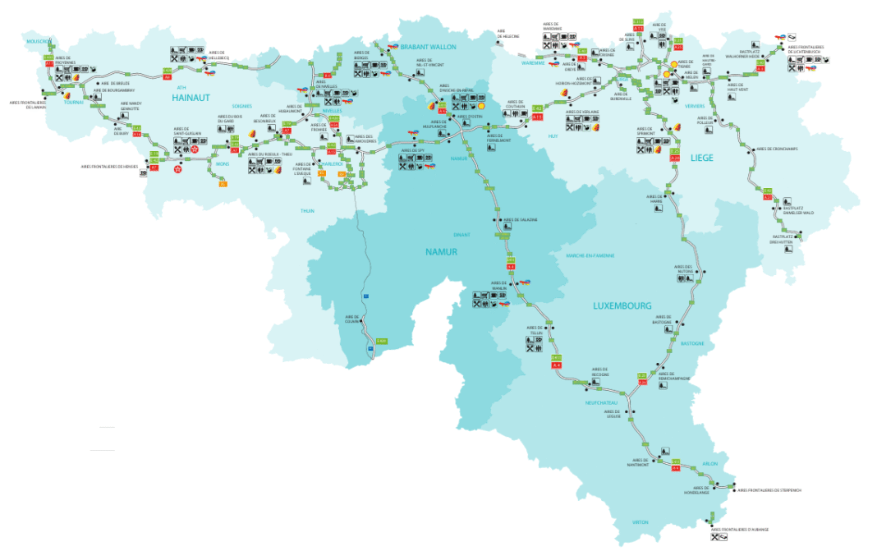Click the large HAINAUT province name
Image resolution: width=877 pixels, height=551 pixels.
pyautogui.click(x=191, y=98)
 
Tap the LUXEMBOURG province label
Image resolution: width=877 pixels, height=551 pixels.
pyautogui.click(x=622, y=305)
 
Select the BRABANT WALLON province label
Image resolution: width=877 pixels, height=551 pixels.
pyautogui.click(x=427, y=47)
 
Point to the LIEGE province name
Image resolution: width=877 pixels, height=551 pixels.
pyautogui.click(x=701, y=157)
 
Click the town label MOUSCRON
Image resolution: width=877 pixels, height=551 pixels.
pyautogui.click(x=38, y=41)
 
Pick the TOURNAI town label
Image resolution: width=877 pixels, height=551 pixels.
pyautogui.click(x=74, y=103)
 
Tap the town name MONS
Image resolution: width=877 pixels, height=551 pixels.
pyautogui.click(x=223, y=164)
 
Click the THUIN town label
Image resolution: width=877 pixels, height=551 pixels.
pyautogui.click(x=307, y=211)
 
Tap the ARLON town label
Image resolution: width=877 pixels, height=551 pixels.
pyautogui.click(x=709, y=464)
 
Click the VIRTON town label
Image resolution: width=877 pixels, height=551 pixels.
pyautogui.click(x=641, y=522)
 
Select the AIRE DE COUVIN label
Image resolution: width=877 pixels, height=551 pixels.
pyautogui.click(x=353, y=319)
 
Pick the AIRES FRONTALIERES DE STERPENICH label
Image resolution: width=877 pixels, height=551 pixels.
pyautogui.click(x=769, y=490)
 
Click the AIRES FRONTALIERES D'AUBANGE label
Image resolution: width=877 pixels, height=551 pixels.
pyautogui.click(x=740, y=530)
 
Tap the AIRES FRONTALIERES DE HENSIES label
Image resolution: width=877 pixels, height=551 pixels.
pyautogui.click(x=109, y=166)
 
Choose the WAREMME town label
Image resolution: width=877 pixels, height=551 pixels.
pyautogui.click(x=533, y=62)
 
